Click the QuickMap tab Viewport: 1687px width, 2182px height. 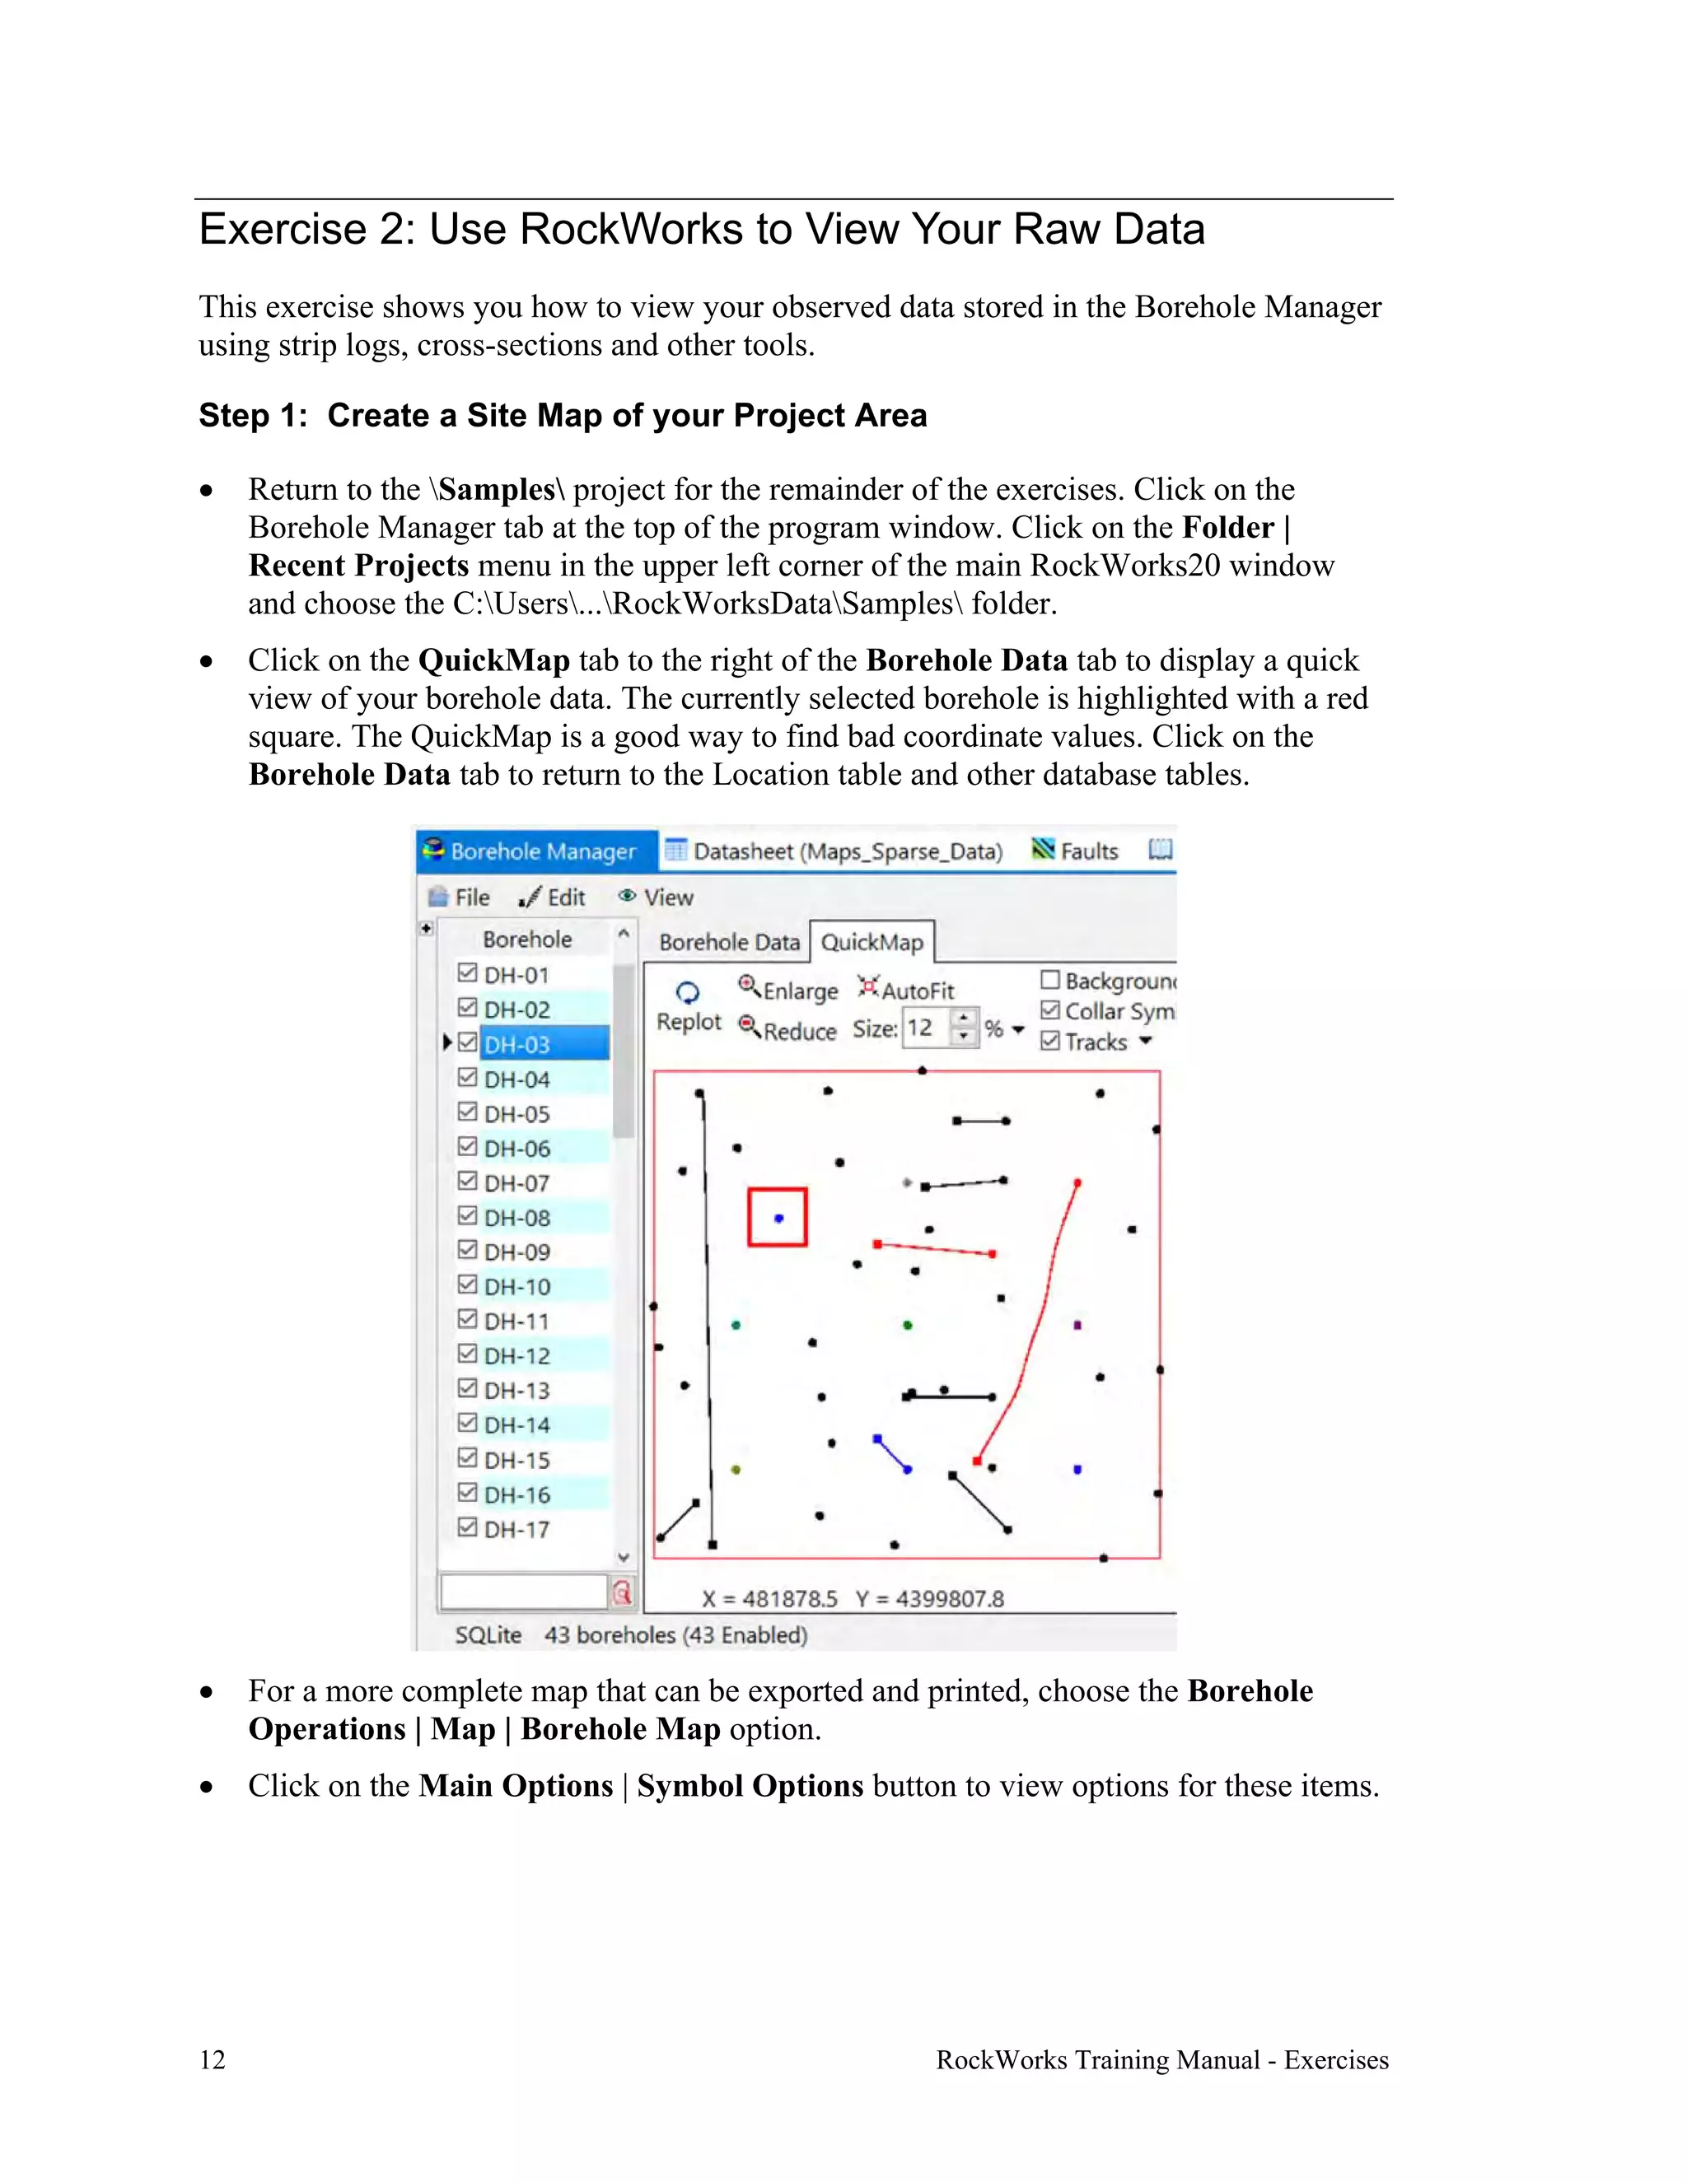pyautogui.click(x=872, y=942)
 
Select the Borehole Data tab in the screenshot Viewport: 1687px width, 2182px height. pyautogui.click(x=728, y=942)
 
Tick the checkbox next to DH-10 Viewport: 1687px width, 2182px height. pyautogui.click(x=467, y=1284)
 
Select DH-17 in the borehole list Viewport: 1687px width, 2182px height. pyautogui.click(x=516, y=1528)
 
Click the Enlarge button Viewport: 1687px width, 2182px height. pyautogui.click(x=788, y=990)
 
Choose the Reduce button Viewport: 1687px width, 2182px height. pyautogui.click(x=787, y=1030)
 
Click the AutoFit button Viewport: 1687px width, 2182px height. pyautogui.click(x=906, y=990)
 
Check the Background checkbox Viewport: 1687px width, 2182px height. pyautogui.click(x=1050, y=980)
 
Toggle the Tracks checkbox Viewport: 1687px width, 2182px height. pyautogui.click(x=1050, y=1041)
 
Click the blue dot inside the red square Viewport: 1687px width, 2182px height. pyautogui.click(x=778, y=1218)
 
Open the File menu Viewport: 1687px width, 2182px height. pyautogui.click(x=460, y=898)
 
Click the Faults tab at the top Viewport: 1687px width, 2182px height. pyautogui.click(x=1077, y=851)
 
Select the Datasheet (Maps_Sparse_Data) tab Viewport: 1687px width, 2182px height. pyautogui.click(x=834, y=851)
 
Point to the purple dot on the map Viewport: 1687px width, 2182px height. pyautogui.click(x=1077, y=1325)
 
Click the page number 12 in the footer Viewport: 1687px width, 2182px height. pyautogui.click(x=213, y=2060)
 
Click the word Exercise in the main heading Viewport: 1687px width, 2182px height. pyautogui.click(x=283, y=230)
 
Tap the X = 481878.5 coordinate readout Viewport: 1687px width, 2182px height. pyautogui.click(x=769, y=1598)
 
